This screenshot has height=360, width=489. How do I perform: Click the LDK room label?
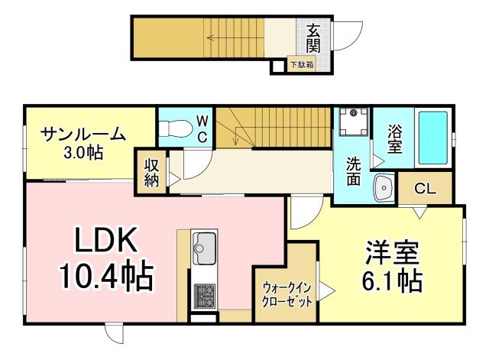click(x=106, y=242)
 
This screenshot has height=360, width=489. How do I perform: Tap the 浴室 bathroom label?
click(x=394, y=138)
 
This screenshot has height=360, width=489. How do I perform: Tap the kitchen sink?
click(x=203, y=246)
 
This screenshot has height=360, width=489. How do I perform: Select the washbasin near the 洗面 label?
click(x=382, y=186)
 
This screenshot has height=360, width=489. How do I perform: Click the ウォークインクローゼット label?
click(x=287, y=294)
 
